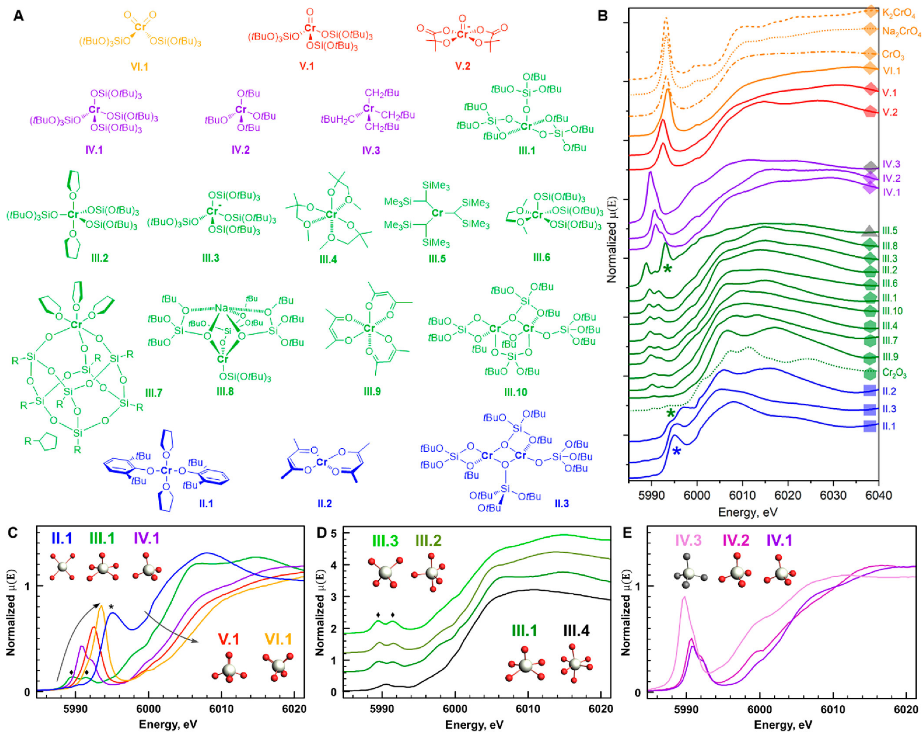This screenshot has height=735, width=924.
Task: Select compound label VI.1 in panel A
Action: pos(140,67)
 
